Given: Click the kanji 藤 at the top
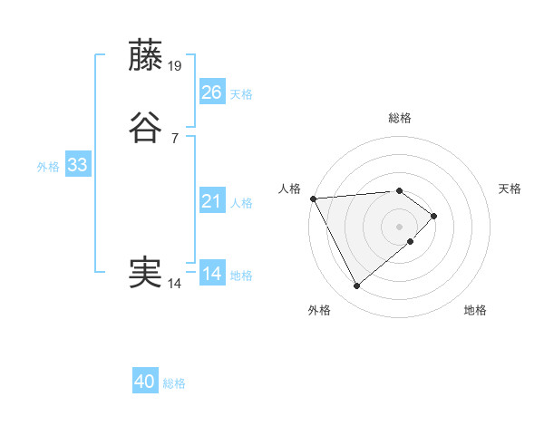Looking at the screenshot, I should (147, 55).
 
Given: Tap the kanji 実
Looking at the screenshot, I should (147, 273).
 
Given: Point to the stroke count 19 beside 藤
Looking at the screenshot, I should (176, 65).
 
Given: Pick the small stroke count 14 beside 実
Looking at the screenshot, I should (175, 284).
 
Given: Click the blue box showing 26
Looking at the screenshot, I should (212, 92).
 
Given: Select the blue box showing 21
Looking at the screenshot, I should (212, 201).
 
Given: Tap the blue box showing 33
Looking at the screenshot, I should (77, 165).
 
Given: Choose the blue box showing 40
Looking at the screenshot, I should (145, 382).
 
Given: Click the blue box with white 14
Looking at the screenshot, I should (212, 274).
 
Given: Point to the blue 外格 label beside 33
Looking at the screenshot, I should (48, 167).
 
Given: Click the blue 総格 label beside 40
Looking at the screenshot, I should (174, 383).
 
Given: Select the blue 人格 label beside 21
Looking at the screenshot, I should (241, 203).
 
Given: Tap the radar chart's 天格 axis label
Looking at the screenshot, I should (510, 189).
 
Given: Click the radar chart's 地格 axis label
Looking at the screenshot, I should (475, 310).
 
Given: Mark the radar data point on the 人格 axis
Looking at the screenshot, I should (312, 198).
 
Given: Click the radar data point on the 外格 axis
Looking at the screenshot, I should (356, 286).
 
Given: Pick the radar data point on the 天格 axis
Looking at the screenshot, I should (435, 216).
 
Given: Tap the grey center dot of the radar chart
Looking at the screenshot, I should (399, 226).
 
